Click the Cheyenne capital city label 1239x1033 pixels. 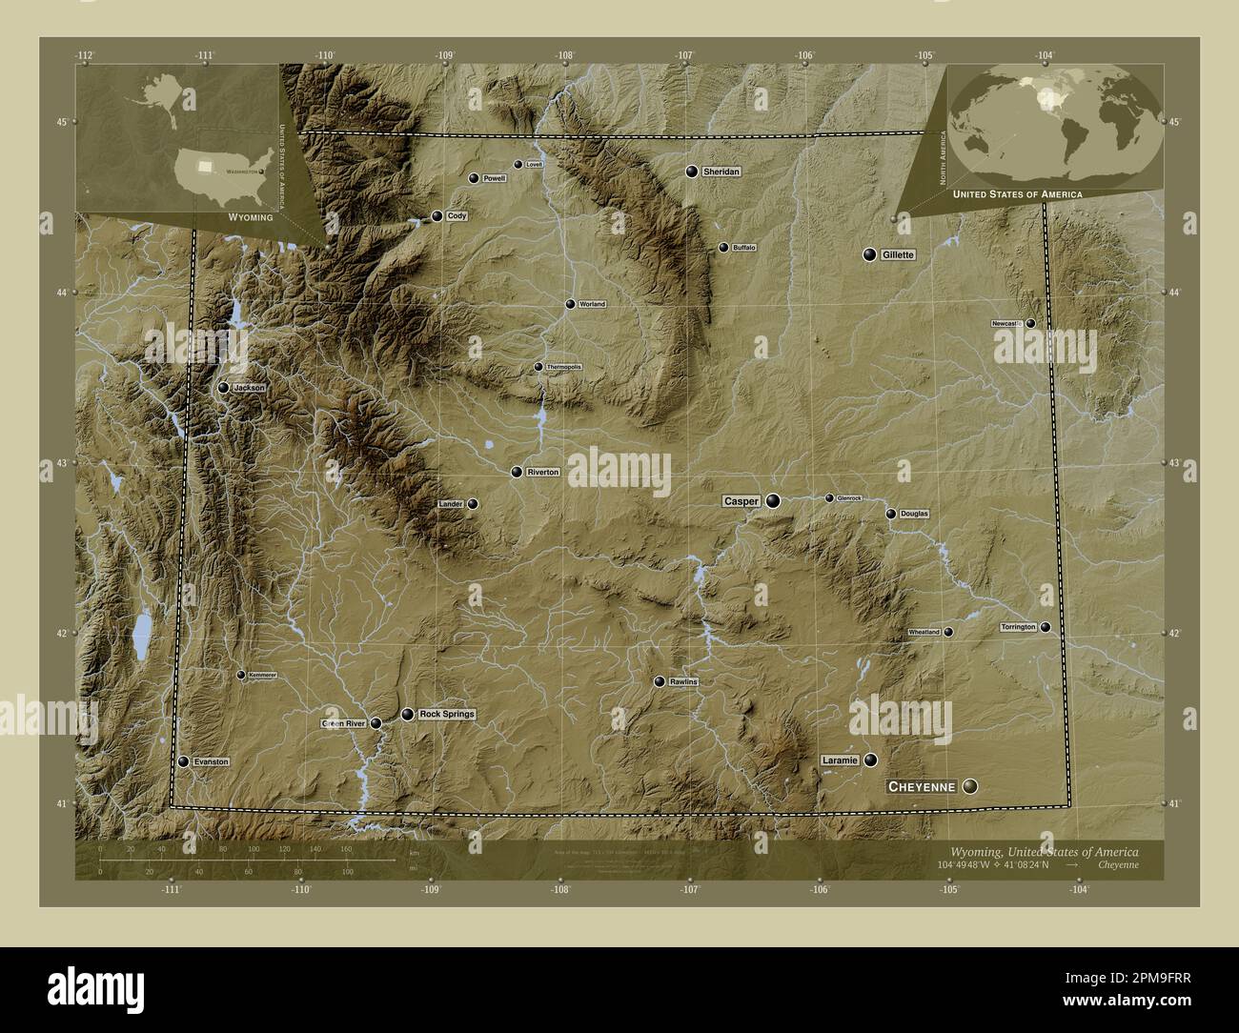point(922,787)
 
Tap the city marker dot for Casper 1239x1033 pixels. point(773,500)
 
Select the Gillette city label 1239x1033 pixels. point(898,255)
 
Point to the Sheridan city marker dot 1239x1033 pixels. point(692,172)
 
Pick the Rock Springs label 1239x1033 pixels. point(446,714)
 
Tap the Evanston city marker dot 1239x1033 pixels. point(183,762)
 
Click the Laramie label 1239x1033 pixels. point(839,760)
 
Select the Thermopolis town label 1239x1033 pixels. point(563,367)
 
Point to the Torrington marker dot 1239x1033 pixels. point(1046,627)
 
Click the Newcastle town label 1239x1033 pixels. point(1006,324)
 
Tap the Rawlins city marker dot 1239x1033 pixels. point(659,681)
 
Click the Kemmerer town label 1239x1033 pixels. point(262,675)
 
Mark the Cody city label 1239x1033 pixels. point(457,216)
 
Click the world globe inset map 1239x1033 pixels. point(1057,125)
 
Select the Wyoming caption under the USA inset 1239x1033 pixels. point(251,217)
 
